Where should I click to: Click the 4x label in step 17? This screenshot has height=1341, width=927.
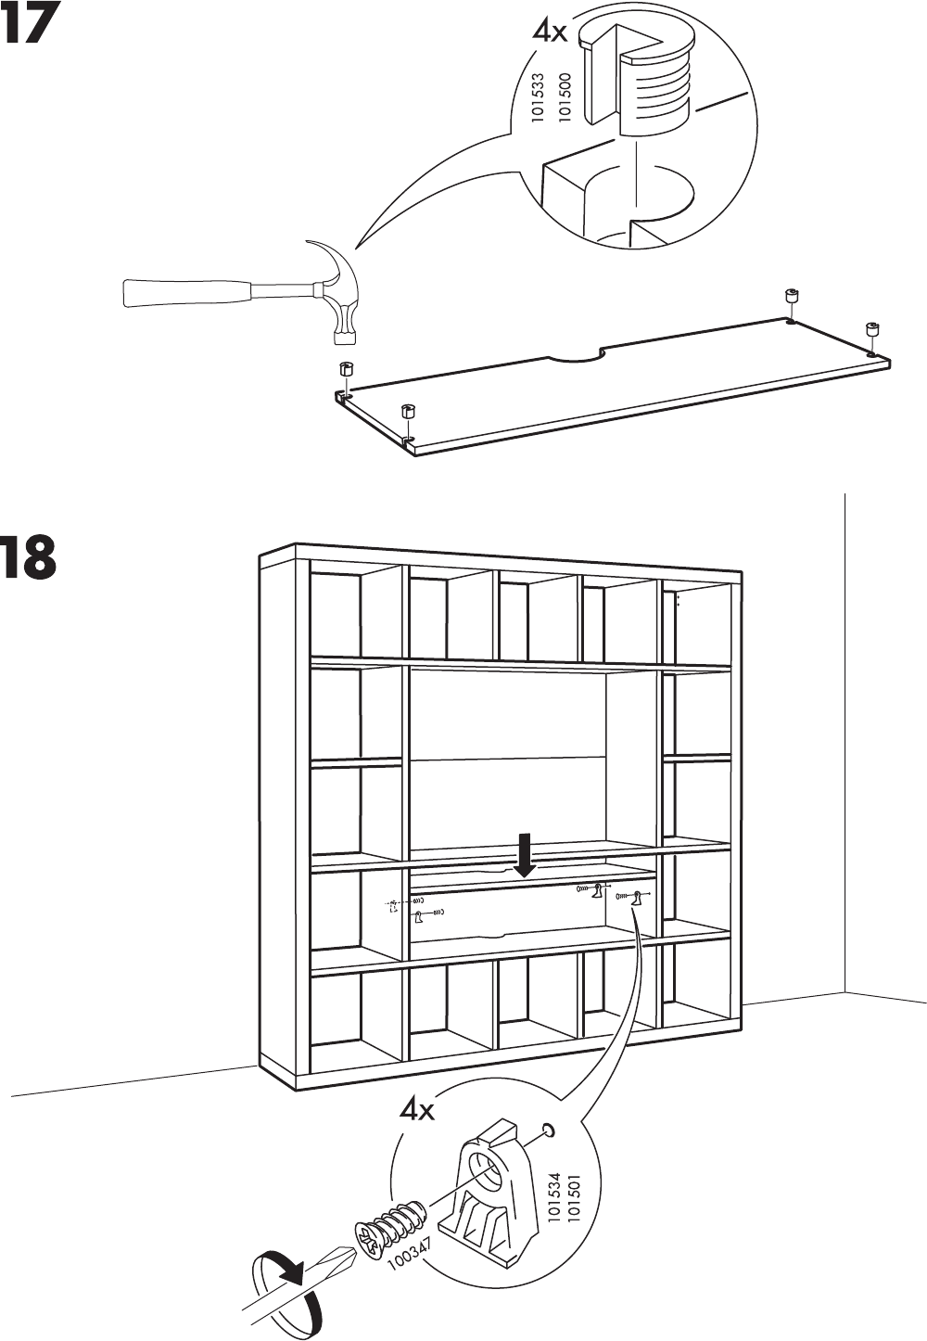(549, 32)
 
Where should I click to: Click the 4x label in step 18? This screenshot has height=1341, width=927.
(416, 1108)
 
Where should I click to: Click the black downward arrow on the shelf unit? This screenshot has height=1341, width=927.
(525, 854)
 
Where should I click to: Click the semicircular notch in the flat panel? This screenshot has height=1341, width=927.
(576, 356)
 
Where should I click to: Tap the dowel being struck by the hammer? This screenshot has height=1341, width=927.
(346, 370)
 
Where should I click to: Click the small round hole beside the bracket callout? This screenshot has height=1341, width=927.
(548, 1130)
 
